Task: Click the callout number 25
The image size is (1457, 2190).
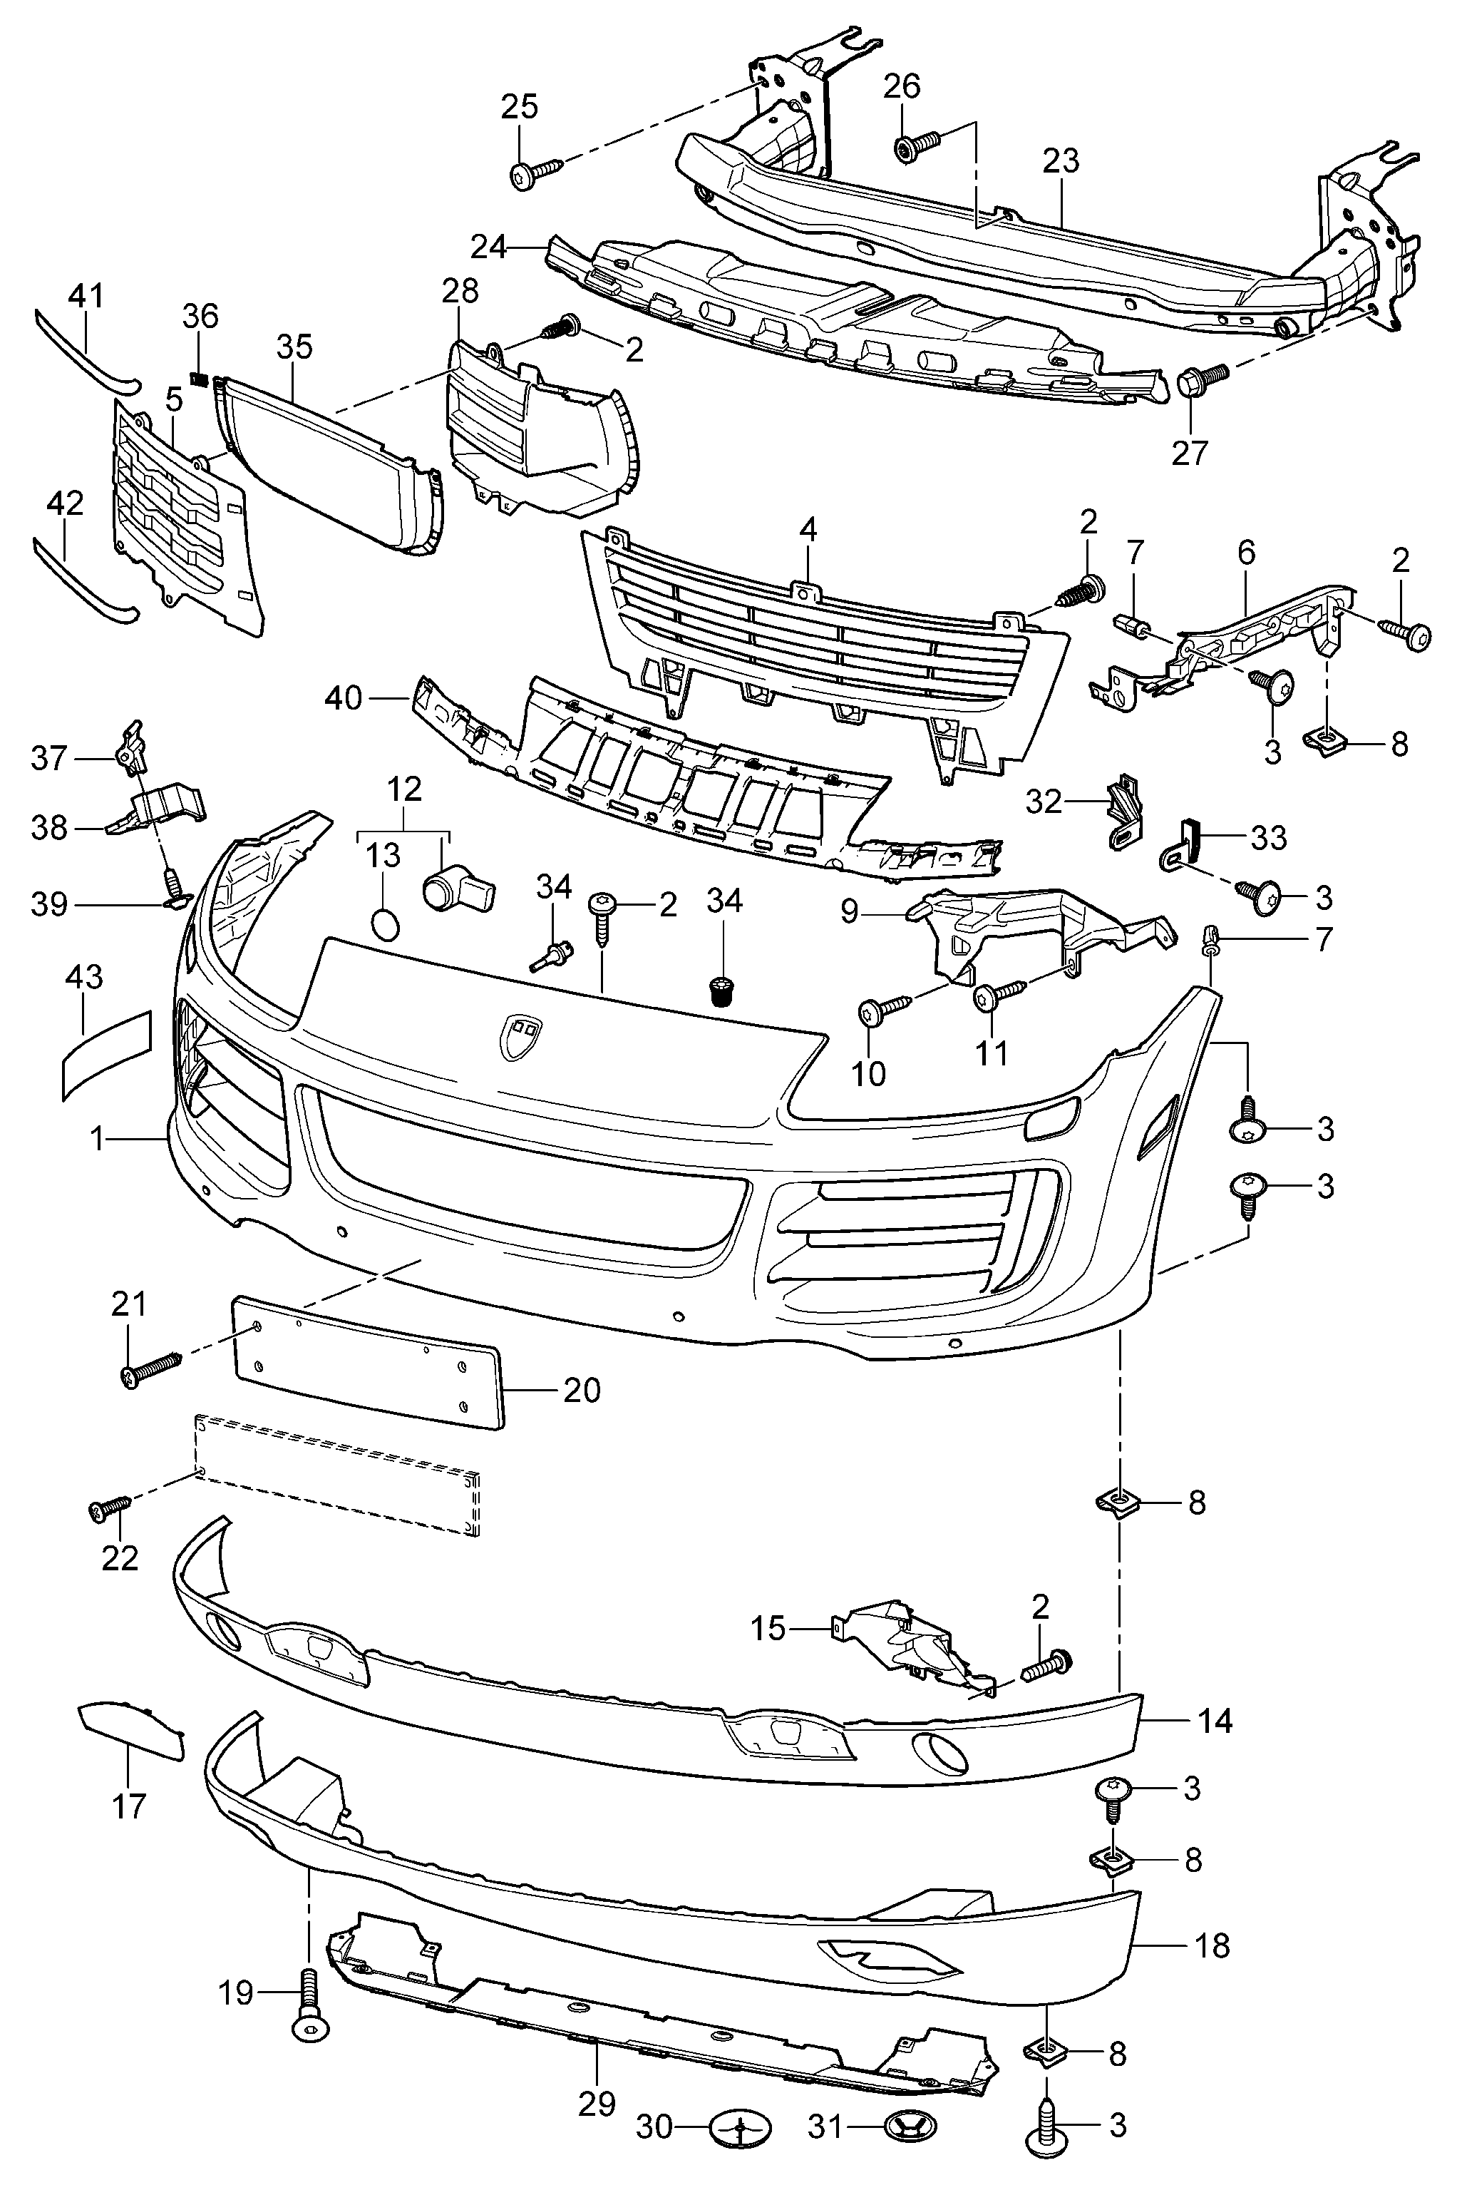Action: [520, 108]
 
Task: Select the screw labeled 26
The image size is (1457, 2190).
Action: [917, 146]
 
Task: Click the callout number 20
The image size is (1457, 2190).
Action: [582, 1390]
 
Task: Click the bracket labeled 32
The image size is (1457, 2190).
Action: [1123, 812]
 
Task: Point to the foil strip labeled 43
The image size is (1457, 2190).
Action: [105, 1054]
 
